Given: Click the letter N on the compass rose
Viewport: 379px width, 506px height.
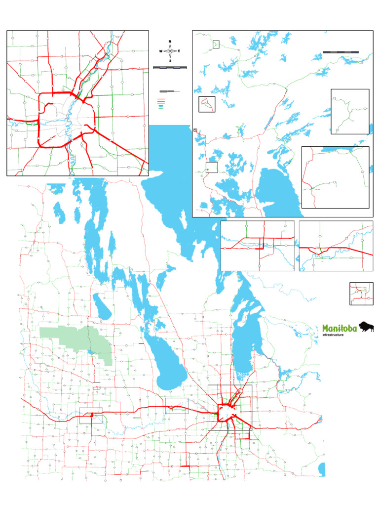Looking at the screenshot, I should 170,41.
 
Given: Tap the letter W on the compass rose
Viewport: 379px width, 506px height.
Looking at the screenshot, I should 160,51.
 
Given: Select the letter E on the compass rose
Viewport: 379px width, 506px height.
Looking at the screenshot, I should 179,51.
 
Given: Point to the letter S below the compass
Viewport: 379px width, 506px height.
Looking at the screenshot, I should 170,61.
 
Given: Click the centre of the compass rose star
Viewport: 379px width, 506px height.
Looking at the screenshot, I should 170,51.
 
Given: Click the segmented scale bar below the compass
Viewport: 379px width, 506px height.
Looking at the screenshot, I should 170,67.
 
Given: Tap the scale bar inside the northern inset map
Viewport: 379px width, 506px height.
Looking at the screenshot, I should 340,51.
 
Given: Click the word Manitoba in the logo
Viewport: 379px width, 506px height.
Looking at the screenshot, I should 341,328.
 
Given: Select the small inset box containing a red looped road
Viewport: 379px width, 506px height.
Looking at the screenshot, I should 207,104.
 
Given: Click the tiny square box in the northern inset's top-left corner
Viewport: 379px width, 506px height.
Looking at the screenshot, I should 216,44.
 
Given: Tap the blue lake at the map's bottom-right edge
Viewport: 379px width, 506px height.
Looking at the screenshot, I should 322,468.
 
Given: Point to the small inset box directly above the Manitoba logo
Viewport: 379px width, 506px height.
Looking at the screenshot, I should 361,294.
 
